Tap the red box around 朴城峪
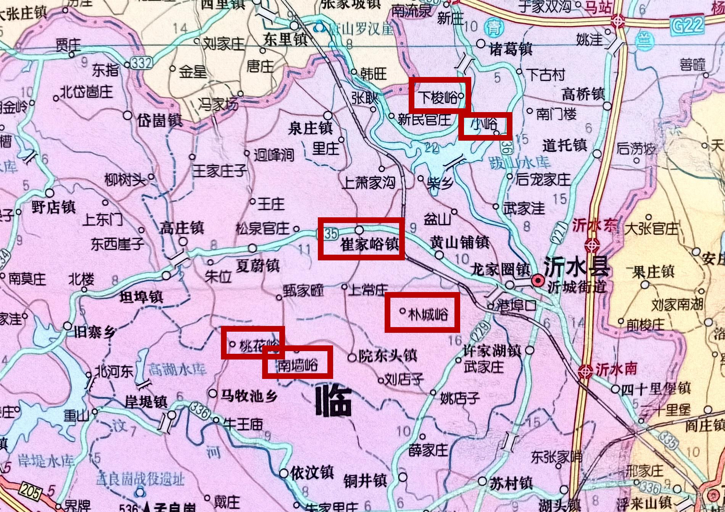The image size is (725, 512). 422,312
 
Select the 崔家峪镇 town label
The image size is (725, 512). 369,244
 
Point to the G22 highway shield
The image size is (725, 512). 687,25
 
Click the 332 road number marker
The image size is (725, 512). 141,63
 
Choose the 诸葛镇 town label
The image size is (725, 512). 511,49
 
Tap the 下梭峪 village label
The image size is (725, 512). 438,98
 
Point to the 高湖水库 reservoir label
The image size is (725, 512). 177,369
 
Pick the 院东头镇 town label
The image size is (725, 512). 387,356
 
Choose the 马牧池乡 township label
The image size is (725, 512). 249,396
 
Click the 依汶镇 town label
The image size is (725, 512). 312,473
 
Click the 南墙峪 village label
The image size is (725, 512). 297,365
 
